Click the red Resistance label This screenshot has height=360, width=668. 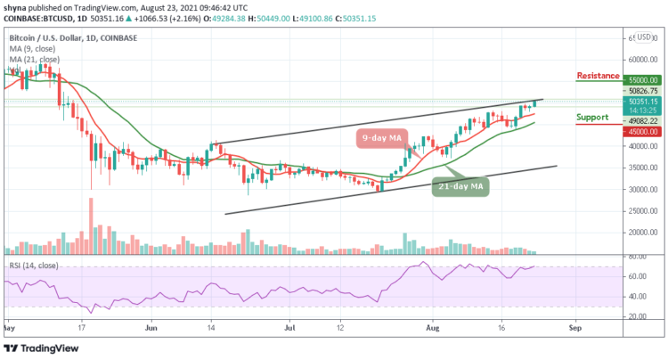click(603, 77)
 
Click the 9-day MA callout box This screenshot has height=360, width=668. click(383, 138)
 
